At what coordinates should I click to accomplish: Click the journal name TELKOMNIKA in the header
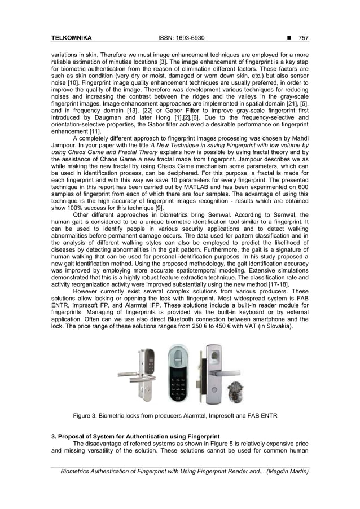[72, 38]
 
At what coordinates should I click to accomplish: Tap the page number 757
[304, 38]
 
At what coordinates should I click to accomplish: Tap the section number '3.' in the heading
[53, 436]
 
